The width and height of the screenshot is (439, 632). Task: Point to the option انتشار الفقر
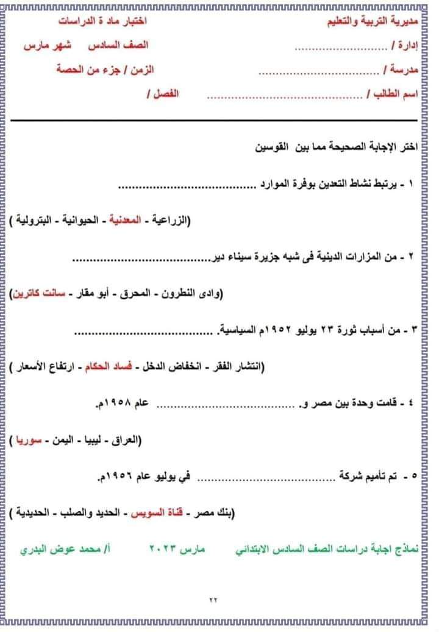231,367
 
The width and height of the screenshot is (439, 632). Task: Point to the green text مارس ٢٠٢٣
177,549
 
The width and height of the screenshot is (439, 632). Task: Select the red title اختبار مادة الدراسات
103,21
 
